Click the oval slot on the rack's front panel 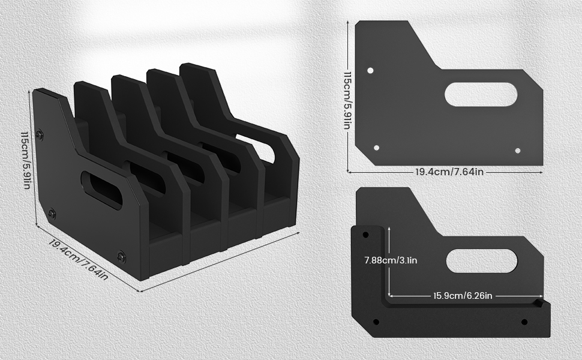click(101, 190)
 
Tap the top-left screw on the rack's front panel click(40, 135)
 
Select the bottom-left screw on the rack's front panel click(52, 212)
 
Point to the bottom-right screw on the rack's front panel click(122, 256)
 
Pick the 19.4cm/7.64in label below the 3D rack click(79, 259)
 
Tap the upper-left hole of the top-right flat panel click(370, 70)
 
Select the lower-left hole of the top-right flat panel click(377, 148)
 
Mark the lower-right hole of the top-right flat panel click(518, 150)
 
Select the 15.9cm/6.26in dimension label click(463, 295)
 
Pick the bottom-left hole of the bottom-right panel click(376, 322)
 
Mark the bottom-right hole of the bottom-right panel click(524, 322)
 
